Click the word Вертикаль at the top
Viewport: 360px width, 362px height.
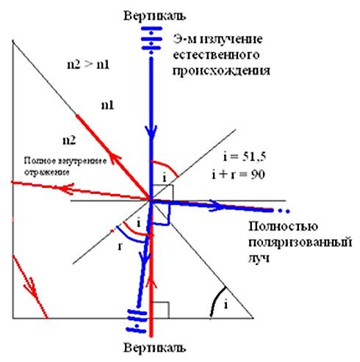pos(154,15)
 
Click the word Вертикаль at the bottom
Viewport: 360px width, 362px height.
pos(154,347)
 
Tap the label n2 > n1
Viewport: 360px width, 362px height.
pos(88,65)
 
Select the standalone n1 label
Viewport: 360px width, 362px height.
pos(108,106)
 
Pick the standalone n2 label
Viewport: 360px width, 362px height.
pos(69,140)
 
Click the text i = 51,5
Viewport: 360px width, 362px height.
pos(245,157)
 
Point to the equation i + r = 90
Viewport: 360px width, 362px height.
pos(239,175)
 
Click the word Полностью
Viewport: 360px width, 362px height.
pos(284,226)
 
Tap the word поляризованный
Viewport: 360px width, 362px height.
pos(300,243)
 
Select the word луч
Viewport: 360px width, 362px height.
pos(259,258)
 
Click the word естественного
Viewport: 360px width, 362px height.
pos(216,55)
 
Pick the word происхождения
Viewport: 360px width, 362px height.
pos(222,71)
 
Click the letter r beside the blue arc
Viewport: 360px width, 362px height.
pos(120,247)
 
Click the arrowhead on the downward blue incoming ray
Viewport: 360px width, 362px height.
pos(151,132)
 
